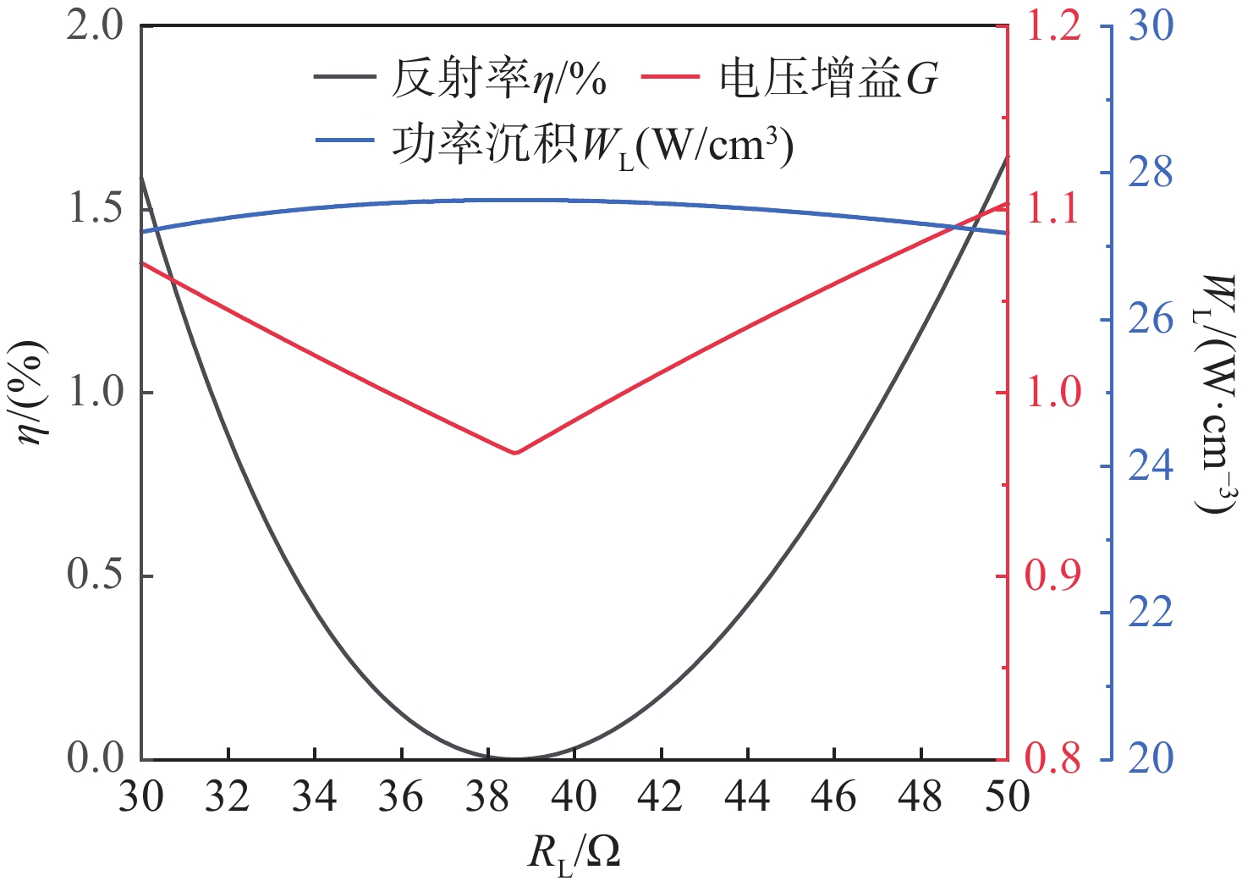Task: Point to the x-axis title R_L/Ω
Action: click(574, 853)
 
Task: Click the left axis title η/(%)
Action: click(33, 393)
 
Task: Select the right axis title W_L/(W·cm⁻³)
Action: click(1215, 394)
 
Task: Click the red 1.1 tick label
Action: click(1052, 210)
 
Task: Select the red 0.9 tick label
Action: click(1052, 576)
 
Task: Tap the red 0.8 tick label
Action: click(1052, 759)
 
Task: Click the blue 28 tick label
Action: click(1151, 173)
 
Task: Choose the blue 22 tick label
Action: click(1151, 613)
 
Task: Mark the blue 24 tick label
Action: click(1151, 466)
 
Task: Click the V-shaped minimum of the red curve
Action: click(514, 453)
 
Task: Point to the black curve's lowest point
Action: click(514, 758)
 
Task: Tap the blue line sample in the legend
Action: click(344, 140)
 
